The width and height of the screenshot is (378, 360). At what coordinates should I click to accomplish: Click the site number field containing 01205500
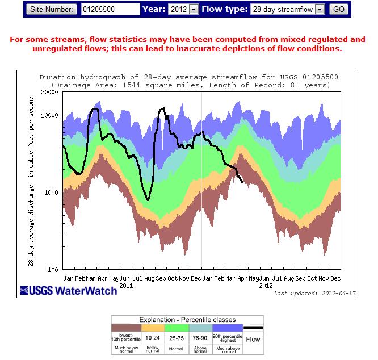(x=110, y=9)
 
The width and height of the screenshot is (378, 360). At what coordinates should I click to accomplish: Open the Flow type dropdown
(x=287, y=9)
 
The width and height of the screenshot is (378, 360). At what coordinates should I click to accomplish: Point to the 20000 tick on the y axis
(x=51, y=91)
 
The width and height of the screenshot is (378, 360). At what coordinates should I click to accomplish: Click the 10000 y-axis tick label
(x=51, y=115)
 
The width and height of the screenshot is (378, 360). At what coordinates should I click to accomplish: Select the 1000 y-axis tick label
(x=52, y=192)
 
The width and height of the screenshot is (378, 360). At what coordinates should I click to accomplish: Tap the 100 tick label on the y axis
(x=54, y=269)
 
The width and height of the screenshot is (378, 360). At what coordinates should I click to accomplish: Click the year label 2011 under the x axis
(x=126, y=286)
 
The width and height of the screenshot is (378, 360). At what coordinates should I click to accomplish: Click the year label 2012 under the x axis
(x=266, y=286)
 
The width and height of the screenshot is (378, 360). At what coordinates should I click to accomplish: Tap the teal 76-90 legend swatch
(x=200, y=328)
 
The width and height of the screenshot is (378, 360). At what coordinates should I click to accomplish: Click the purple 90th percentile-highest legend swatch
(x=225, y=328)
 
